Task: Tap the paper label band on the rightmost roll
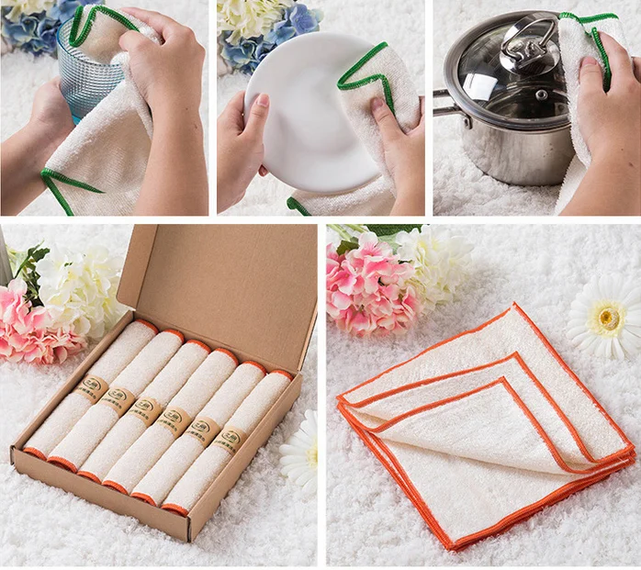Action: [x=228, y=441]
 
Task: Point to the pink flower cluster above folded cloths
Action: [x=367, y=285]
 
